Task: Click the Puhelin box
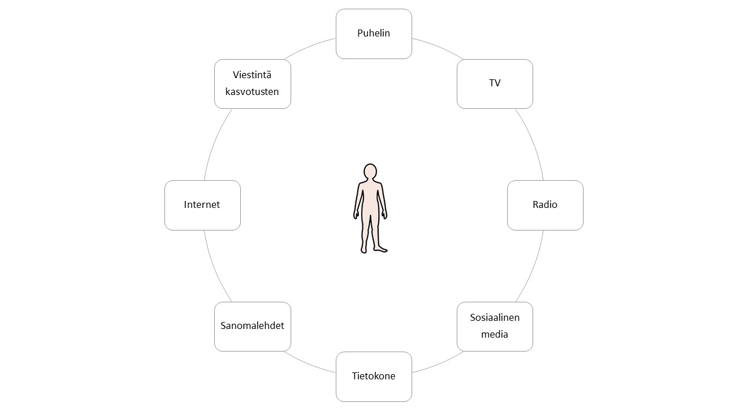[373, 34]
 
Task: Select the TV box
[494, 83]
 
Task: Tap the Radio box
[545, 205]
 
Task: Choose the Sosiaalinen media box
[494, 326]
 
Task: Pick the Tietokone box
[373, 376]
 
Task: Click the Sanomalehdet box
[252, 326]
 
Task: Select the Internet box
[202, 205]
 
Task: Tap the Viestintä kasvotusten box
[252, 83]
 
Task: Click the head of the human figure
[370, 172]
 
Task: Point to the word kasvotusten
[252, 92]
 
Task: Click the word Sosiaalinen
[494, 317]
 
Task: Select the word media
[494, 334]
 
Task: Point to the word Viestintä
[252, 75]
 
